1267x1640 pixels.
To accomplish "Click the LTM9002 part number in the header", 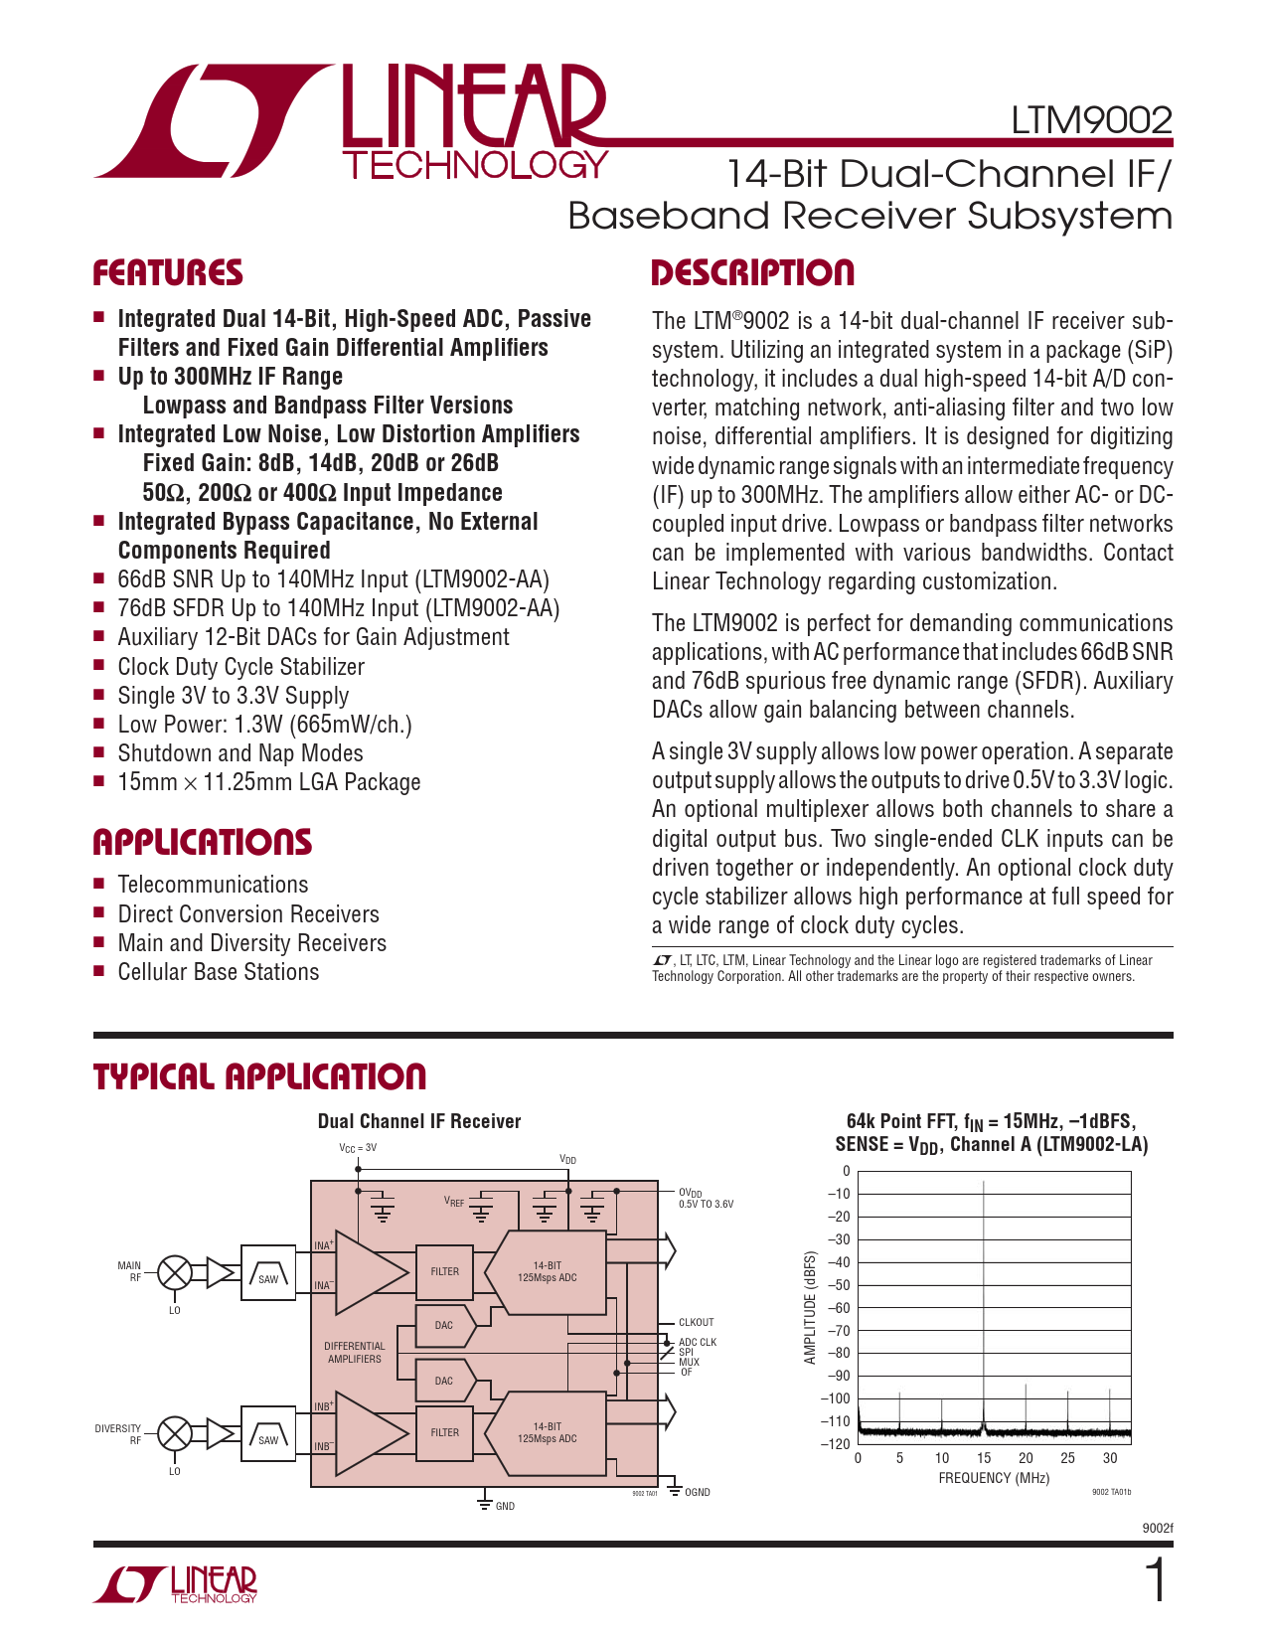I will [x=1091, y=120].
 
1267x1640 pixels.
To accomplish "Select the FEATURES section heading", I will [x=168, y=273].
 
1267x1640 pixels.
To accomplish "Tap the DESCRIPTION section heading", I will [x=752, y=273].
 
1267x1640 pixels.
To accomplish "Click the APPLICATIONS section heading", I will [x=202, y=843].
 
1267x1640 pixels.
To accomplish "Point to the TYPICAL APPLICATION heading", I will [x=259, y=1076].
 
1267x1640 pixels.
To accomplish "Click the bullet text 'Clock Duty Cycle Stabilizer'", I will [x=240, y=667].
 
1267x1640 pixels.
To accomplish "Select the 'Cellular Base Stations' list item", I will [x=219, y=972].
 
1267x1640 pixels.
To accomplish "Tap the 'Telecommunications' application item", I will [x=213, y=885].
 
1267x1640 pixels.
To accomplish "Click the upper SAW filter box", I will [x=268, y=1272].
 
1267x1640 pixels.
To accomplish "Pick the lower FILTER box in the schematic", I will [x=444, y=1433].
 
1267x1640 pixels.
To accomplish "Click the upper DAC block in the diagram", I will [x=444, y=1325].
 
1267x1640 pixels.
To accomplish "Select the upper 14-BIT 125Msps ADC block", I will [x=547, y=1272].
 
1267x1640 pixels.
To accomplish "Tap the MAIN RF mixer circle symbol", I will [x=176, y=1272].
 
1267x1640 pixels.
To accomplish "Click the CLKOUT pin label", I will [x=696, y=1323].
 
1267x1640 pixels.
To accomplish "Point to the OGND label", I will [x=698, y=1493].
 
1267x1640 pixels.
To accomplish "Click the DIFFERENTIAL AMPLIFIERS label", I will [x=355, y=1353].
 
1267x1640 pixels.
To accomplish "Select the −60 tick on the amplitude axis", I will [x=840, y=1308].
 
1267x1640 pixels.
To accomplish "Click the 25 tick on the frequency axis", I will [x=1067, y=1458].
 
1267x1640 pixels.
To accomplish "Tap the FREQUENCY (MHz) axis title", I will [x=994, y=1478].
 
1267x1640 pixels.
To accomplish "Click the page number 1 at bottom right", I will [x=1156, y=1582].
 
